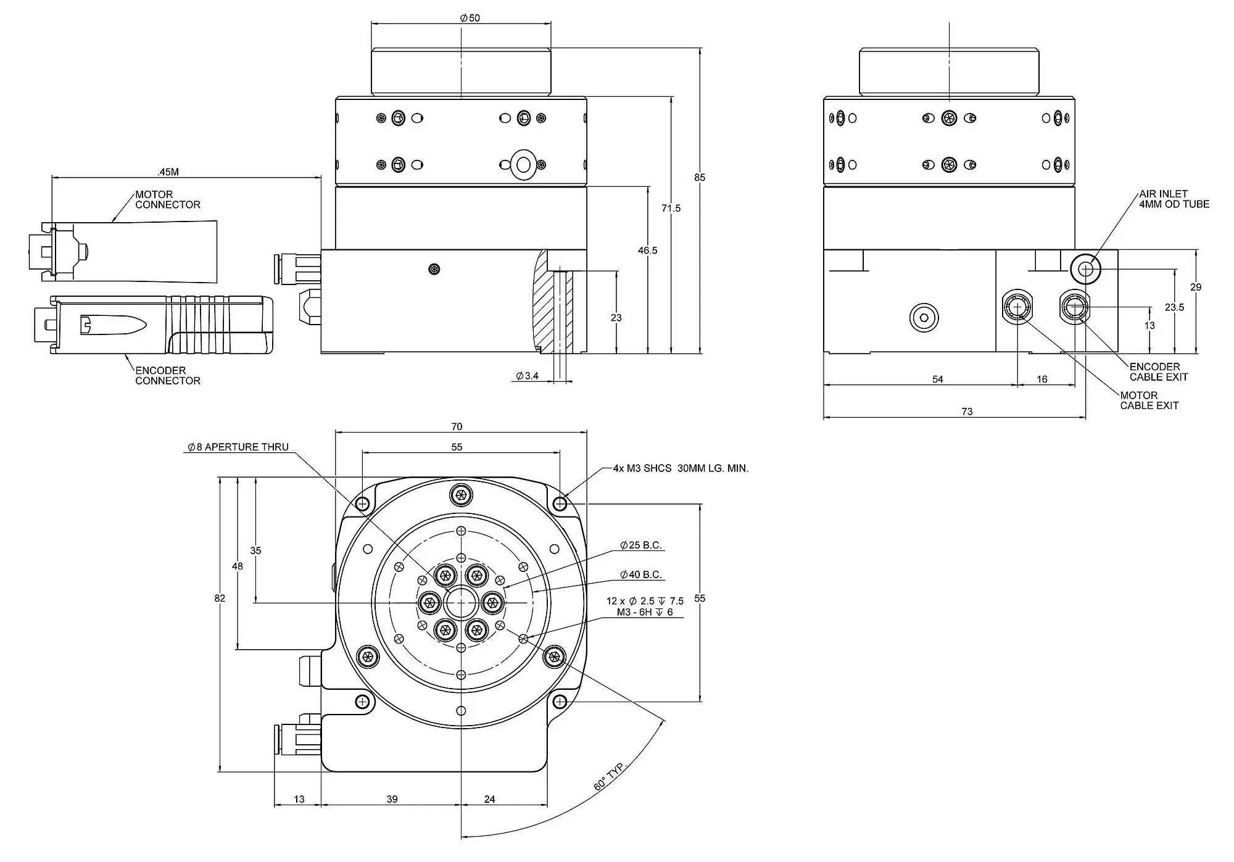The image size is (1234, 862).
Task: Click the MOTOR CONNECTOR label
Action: coord(168,199)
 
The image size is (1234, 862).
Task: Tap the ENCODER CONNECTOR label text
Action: coord(168,376)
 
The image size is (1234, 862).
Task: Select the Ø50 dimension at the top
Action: coord(470,18)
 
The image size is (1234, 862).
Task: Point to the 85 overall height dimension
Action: coord(699,177)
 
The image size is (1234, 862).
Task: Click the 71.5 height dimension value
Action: coord(671,209)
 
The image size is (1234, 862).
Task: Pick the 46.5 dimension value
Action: coord(648,251)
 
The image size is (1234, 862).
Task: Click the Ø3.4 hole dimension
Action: coord(528,376)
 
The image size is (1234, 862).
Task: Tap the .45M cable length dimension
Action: coord(168,172)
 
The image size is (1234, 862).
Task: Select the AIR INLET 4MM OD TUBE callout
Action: coord(1174,199)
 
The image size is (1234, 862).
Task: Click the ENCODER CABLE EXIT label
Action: coord(1159,371)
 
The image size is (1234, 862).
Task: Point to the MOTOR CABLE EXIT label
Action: coord(1149,400)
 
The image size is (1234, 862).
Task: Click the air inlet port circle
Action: coord(1085,269)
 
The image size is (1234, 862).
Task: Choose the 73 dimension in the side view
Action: coord(967,412)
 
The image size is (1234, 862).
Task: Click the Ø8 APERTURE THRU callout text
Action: coord(238,447)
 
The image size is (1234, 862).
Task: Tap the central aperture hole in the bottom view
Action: coord(460,603)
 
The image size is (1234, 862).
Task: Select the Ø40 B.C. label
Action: coord(641,574)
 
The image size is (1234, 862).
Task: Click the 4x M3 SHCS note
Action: coord(681,468)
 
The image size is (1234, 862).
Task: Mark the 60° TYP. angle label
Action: coord(610,776)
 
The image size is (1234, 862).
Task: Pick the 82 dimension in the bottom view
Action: coord(220,598)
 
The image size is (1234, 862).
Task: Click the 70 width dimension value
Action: coord(457,426)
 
